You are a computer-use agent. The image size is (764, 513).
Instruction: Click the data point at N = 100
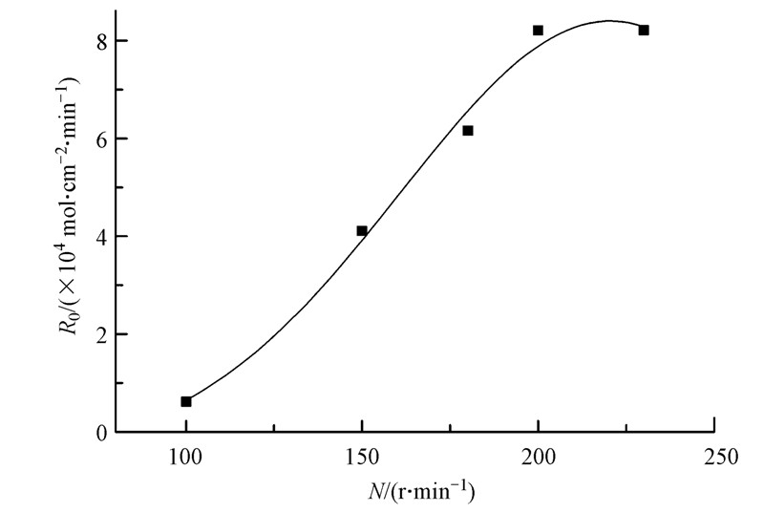coord(186,401)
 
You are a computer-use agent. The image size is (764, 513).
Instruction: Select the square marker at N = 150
coord(362,230)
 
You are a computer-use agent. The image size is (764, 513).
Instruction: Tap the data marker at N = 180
coord(468,131)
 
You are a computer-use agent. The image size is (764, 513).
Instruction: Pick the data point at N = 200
coord(538,31)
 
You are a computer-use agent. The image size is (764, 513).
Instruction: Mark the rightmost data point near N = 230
coord(644,31)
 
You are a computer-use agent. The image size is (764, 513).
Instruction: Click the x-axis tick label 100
coord(185,457)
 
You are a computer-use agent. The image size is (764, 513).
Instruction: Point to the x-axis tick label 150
coord(362,457)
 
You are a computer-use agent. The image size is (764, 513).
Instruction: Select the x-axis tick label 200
coord(538,457)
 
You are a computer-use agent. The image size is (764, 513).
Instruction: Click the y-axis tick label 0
coord(98,433)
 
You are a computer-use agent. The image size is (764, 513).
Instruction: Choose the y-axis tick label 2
coord(98,334)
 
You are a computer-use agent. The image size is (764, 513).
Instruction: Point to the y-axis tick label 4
coord(98,236)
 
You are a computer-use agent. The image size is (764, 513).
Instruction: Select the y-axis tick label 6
coord(98,139)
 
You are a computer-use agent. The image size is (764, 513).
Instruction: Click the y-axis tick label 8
coord(98,41)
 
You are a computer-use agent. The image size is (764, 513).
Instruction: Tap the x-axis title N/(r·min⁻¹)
coord(421,493)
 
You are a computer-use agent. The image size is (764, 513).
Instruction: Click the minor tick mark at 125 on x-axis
coord(274,428)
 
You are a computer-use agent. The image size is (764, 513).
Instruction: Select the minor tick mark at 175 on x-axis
coord(450,428)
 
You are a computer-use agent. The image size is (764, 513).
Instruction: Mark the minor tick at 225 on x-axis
coord(626,428)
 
